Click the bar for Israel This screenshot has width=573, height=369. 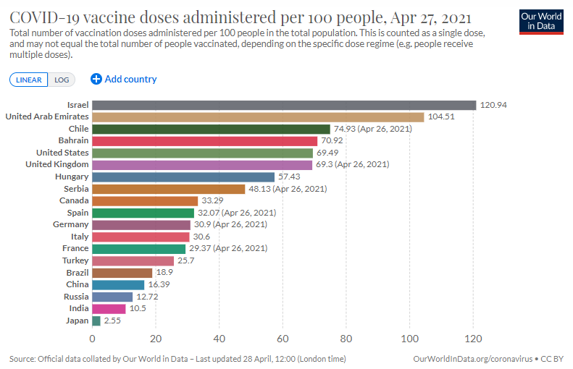(284, 105)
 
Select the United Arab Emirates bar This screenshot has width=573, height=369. (258, 116)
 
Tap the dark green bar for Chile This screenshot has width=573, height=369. (211, 129)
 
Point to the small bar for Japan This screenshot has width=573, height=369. (96, 321)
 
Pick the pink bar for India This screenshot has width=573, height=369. (109, 308)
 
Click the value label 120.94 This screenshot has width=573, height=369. (493, 105)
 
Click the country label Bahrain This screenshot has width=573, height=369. (73, 140)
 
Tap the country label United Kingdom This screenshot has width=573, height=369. (57, 164)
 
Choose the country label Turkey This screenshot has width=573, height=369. (75, 260)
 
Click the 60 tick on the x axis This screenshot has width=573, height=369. (283, 338)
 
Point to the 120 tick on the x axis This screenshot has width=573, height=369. (473, 338)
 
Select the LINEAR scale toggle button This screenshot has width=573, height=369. (29, 80)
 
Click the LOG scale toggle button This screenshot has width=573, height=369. (62, 80)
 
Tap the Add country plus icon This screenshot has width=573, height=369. (96, 79)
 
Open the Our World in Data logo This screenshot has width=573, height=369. (542, 21)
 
